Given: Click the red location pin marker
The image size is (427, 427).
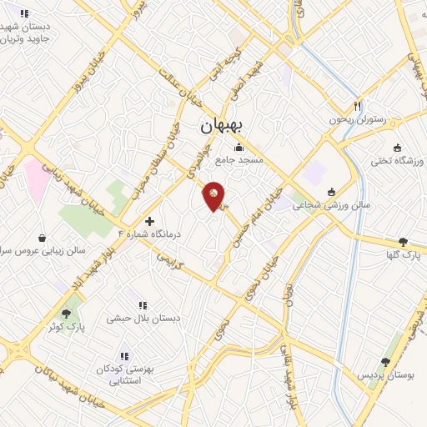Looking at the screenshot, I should click(x=214, y=195).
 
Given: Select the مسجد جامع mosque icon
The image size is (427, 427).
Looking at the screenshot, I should click(x=239, y=148).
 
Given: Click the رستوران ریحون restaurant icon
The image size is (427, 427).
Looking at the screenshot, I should click(x=358, y=106).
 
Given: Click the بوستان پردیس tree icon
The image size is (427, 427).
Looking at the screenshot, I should click(x=384, y=362).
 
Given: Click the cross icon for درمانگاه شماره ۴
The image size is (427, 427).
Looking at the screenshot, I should click(x=149, y=221).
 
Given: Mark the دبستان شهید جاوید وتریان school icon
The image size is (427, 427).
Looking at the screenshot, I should click(x=24, y=13).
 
